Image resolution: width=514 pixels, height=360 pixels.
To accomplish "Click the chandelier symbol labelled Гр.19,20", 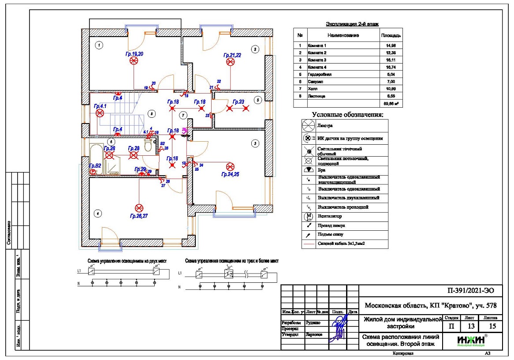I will click(134, 62).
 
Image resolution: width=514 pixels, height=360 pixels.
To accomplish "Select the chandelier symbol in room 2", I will click(230, 62).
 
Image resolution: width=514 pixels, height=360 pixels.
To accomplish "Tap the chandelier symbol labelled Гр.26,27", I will click(139, 207).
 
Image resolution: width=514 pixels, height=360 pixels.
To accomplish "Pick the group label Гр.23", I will click(238, 101).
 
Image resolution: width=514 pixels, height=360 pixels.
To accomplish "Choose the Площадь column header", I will click(390, 35).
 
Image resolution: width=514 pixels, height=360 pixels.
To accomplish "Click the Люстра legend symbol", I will click(309, 125).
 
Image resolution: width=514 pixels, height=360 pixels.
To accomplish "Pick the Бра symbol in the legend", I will click(309, 170).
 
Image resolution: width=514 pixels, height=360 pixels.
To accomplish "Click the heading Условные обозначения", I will click(347, 115).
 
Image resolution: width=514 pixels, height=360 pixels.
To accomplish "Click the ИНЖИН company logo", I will click(472, 340).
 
